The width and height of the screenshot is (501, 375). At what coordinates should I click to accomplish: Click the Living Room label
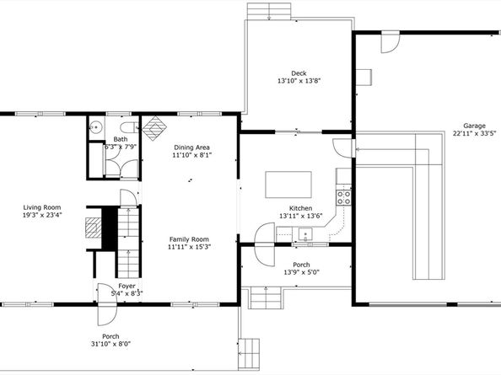pyautogui.click(x=42, y=207)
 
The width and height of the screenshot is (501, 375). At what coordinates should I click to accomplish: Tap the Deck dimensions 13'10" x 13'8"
pyautogui.click(x=299, y=81)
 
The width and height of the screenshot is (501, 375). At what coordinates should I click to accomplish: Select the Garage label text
pyautogui.click(x=475, y=126)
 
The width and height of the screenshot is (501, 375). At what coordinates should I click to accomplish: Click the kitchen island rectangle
pyautogui.click(x=288, y=185)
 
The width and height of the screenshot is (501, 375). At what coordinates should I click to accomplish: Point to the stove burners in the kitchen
pyautogui.click(x=343, y=197)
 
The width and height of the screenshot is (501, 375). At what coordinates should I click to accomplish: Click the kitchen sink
pyautogui.click(x=305, y=234)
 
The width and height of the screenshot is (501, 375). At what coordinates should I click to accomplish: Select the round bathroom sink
pyautogui.click(x=95, y=127)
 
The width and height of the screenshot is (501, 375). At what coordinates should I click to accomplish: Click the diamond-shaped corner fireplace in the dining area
pyautogui.click(x=154, y=128)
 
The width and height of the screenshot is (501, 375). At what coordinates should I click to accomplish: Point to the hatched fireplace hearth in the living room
pyautogui.click(x=94, y=228)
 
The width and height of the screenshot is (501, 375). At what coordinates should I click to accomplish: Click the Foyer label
pyautogui.click(x=127, y=286)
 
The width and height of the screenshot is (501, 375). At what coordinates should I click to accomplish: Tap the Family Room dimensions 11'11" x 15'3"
pyautogui.click(x=190, y=247)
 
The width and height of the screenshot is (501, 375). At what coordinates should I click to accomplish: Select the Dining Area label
pyautogui.click(x=191, y=147)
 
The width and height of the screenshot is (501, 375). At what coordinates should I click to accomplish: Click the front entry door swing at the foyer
pyautogui.click(x=107, y=304)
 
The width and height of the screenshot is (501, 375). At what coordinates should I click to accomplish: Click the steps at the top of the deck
pyautogui.click(x=269, y=11)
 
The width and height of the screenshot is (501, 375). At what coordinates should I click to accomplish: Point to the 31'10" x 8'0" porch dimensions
pyautogui.click(x=110, y=344)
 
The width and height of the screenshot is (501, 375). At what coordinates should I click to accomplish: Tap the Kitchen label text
pyautogui.click(x=300, y=208)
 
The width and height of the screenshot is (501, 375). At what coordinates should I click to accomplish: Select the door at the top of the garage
pyautogui.click(x=391, y=42)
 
